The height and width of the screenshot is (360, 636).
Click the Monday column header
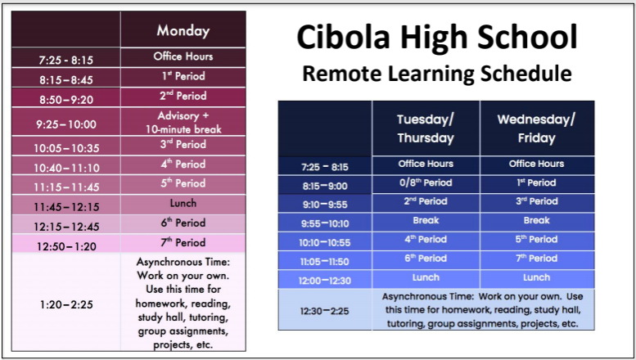click(x=183, y=29)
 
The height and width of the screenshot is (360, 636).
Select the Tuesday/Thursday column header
click(x=426, y=128)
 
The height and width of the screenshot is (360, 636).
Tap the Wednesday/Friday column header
click(x=536, y=128)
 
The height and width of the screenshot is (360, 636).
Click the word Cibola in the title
click(x=343, y=37)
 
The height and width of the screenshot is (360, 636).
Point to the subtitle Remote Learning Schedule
click(x=437, y=74)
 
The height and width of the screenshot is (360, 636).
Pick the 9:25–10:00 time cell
click(x=66, y=122)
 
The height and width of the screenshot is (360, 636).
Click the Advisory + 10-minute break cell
click(x=183, y=122)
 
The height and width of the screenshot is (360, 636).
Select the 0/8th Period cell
click(x=426, y=184)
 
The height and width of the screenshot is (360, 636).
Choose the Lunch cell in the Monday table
click(x=183, y=205)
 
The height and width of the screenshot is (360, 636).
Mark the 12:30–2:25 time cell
click(x=324, y=310)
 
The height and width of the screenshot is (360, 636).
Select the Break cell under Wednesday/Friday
click(x=536, y=222)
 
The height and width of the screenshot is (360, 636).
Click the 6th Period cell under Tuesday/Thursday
click(x=426, y=260)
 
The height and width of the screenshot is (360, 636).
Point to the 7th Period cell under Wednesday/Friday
click(x=536, y=260)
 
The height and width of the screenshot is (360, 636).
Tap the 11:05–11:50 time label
click(x=324, y=262)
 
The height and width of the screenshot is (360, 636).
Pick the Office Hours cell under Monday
click(x=183, y=57)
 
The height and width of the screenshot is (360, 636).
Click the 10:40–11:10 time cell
click(x=66, y=165)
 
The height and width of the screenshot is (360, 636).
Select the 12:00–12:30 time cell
click(x=324, y=279)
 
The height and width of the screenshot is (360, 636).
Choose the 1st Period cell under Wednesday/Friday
click(x=536, y=184)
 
